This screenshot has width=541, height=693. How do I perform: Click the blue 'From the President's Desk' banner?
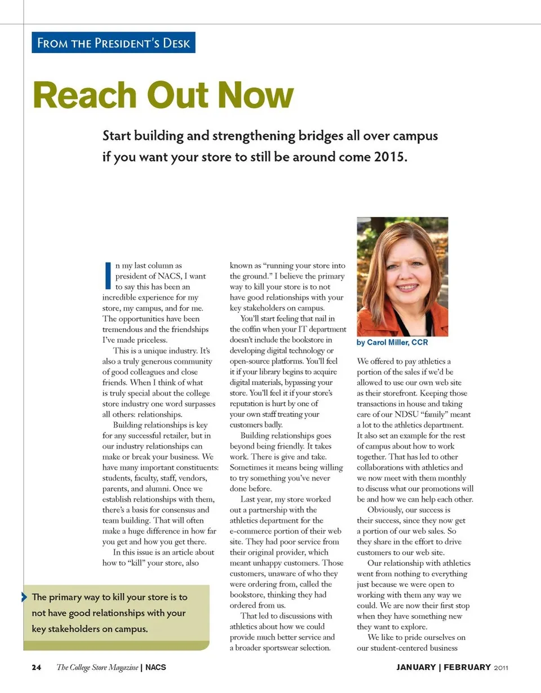(113, 43)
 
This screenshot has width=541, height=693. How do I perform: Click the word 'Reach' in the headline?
(83, 95)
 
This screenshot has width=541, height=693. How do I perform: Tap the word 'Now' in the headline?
(256, 95)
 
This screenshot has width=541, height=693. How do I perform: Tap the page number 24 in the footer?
(36, 668)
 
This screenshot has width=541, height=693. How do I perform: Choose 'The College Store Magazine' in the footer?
(97, 668)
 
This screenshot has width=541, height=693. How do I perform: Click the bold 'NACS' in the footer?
(156, 668)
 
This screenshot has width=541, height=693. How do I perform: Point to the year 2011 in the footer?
(501, 668)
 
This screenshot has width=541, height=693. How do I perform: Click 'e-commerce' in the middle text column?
(251, 531)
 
